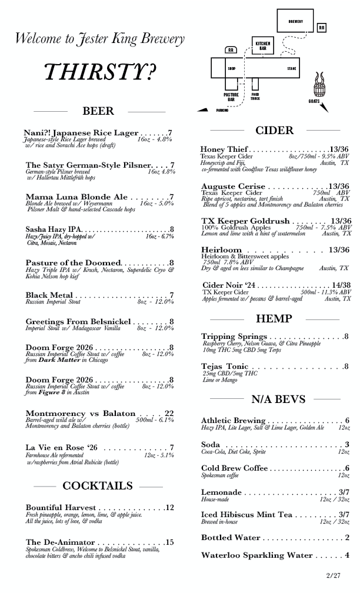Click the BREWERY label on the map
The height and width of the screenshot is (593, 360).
coord(296,21)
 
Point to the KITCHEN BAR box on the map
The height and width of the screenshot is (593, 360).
coord(262,45)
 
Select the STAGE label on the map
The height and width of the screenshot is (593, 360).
coord(292,69)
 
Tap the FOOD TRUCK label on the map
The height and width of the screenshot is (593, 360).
coord(255,96)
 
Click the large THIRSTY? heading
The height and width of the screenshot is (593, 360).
coord(100,72)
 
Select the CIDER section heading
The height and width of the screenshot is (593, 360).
coord(274,131)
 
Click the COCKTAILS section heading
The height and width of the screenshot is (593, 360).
coord(98,486)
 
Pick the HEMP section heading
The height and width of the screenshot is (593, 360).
coord(274,318)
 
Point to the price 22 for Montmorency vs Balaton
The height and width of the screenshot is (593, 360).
coord(169,414)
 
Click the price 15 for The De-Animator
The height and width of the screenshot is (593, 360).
coord(169,542)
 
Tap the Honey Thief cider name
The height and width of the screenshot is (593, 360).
coord(224,149)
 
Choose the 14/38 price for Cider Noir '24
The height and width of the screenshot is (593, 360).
coord(341,285)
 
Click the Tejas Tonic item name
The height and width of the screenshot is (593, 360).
coord(225,367)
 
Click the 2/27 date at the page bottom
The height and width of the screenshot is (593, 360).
coord(333,575)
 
